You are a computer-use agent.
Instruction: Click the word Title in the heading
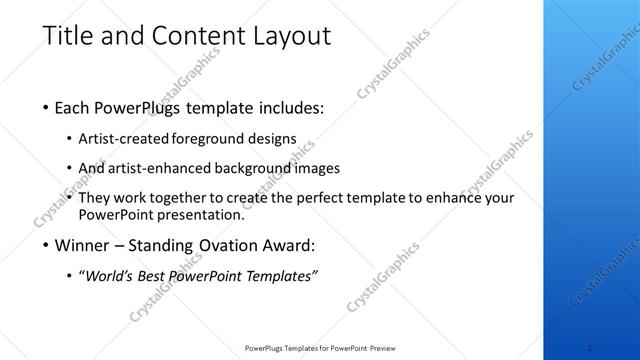pos(69,36)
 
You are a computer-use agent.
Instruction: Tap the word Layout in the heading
pos(282,36)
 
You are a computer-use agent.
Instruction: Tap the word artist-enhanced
pos(158,168)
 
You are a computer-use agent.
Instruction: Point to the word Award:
pos(289,244)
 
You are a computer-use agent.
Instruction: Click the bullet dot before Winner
pos(48,245)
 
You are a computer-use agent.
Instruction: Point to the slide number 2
pos(590,348)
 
